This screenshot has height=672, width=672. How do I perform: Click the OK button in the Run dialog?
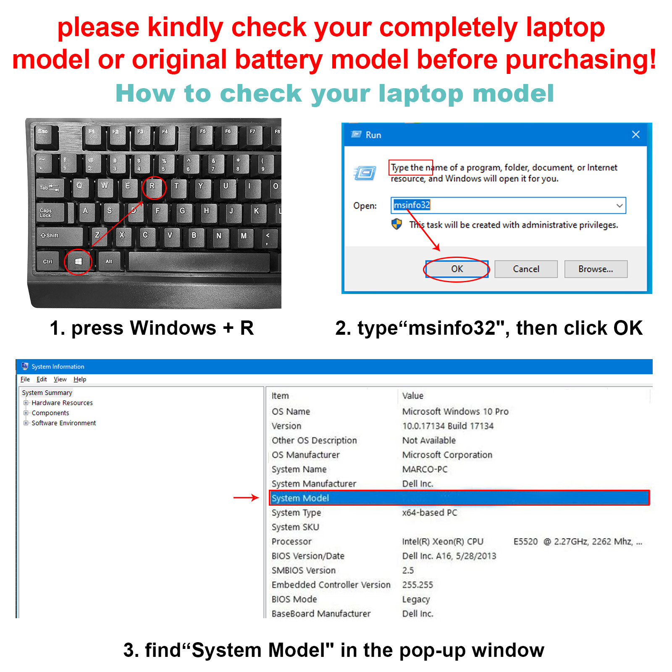click(457, 269)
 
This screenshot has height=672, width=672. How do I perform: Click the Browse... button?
click(596, 269)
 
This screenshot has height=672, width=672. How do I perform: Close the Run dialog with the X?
click(635, 134)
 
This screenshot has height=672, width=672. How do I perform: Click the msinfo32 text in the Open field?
click(412, 205)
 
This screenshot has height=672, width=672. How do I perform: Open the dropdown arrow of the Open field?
click(619, 205)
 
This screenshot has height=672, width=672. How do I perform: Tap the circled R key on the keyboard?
click(153, 187)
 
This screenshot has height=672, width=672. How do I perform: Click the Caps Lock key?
click(50, 213)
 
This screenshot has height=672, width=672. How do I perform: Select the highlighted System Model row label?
click(300, 498)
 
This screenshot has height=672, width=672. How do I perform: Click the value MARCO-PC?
click(425, 469)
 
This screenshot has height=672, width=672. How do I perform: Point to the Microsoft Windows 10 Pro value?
click(455, 411)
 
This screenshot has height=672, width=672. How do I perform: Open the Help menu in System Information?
click(80, 379)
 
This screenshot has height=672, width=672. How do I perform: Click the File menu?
click(25, 379)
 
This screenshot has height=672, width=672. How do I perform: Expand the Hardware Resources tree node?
click(26, 403)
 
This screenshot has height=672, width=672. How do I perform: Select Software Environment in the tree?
click(64, 423)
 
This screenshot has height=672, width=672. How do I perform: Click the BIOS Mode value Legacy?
click(416, 599)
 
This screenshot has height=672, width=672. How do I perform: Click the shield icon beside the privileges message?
click(396, 224)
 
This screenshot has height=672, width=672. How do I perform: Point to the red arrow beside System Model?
click(246, 498)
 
